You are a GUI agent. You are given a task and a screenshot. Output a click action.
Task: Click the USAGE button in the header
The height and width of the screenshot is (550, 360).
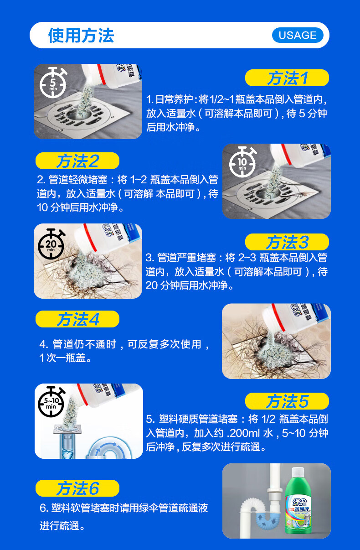(298, 35)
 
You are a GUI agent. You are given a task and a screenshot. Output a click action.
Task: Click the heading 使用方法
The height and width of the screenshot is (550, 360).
(81, 36)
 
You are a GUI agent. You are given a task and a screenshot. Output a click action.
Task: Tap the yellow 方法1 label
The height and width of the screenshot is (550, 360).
(287, 78)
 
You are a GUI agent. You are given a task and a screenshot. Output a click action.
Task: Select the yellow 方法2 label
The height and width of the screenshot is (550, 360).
(77, 161)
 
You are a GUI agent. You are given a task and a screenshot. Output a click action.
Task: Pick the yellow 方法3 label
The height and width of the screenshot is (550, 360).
(287, 242)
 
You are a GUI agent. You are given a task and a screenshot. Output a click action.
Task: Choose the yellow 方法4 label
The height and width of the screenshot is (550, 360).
(77, 319)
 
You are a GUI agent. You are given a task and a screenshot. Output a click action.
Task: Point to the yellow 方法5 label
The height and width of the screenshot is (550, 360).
(287, 401)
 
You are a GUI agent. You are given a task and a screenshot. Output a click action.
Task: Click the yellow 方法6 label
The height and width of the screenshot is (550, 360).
(77, 488)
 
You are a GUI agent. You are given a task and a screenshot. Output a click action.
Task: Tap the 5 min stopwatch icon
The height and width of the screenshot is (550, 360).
(53, 83)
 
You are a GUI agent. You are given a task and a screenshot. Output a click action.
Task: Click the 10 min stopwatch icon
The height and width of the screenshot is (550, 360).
(243, 162)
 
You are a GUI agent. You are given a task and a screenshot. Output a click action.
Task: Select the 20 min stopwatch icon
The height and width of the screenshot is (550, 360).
(51, 244)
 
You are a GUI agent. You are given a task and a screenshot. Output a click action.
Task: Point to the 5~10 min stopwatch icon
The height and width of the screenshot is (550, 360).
(51, 402)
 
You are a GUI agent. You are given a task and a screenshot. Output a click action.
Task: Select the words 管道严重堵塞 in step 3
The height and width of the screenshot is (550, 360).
(186, 258)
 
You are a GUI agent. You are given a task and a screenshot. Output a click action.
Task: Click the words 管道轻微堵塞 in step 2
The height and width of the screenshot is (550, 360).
(78, 180)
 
